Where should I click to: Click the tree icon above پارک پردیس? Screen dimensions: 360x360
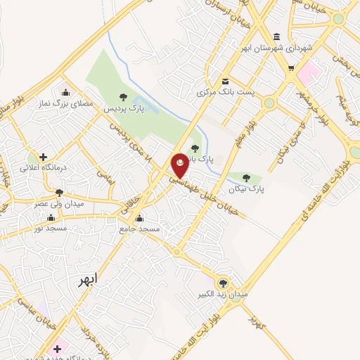pyautogui.click(x=123, y=98)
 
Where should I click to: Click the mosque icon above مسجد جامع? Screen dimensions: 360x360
pyautogui.click(x=139, y=218)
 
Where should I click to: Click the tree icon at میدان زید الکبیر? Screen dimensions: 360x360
pyautogui.click(x=223, y=283)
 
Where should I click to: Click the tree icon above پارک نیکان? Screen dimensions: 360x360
pyautogui.click(x=246, y=178)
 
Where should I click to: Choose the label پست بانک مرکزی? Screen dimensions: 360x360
pyautogui.click(x=225, y=92)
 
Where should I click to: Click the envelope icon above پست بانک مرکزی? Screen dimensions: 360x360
pyautogui.click(x=225, y=81)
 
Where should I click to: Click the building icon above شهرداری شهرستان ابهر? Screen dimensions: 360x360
pyautogui.click(x=276, y=37)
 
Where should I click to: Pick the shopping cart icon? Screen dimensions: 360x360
pyautogui.click(x=291, y=68)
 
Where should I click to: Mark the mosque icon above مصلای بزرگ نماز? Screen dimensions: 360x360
pyautogui.click(x=66, y=92)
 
